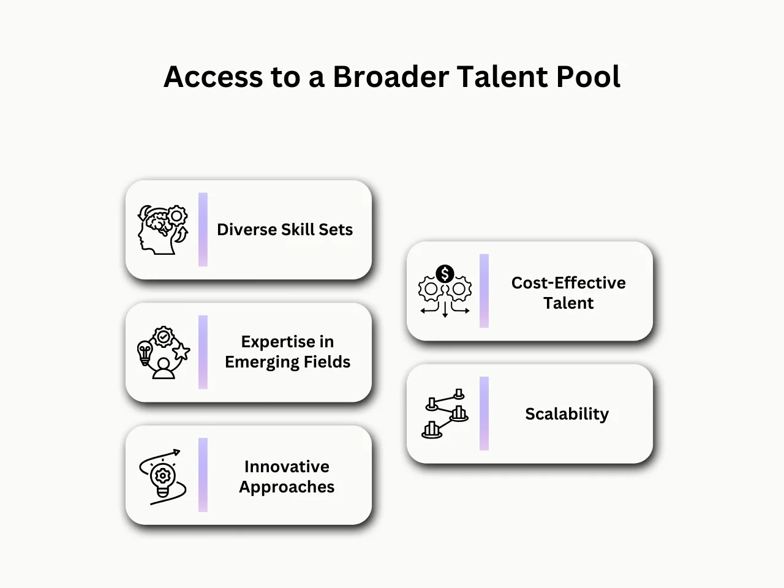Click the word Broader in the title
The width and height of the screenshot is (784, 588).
coord(390,77)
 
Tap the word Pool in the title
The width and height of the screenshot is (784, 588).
coord(587,77)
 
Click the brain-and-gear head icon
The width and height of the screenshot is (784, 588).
coord(162,230)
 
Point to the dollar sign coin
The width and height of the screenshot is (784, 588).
coord(445,274)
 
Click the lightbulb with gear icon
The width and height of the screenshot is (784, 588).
coord(162,477)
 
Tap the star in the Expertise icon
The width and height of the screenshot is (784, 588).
coord(181,351)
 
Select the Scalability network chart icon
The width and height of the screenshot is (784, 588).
coord(445,413)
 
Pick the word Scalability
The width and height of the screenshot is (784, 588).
coord(567,414)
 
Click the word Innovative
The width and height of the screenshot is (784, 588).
coord(287,467)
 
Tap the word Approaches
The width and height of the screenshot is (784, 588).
coord(287,488)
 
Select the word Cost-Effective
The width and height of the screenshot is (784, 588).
coord(568,283)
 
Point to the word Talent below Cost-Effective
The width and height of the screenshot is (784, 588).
coord(568,303)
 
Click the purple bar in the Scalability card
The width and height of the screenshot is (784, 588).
coord(484,413)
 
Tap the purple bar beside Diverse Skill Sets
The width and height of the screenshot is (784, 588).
coord(203,230)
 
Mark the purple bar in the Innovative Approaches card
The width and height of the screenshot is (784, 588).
coord(203,475)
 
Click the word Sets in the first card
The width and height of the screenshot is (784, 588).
coord(336,230)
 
